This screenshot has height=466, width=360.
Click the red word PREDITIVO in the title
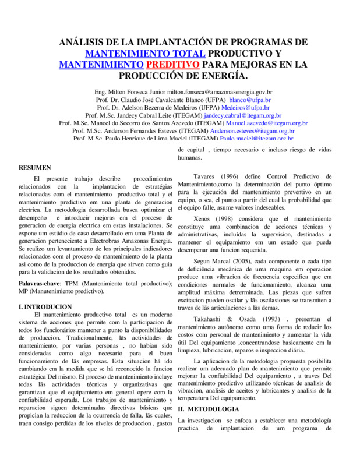coord(173,64)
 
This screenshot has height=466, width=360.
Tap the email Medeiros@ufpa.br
coord(245,107)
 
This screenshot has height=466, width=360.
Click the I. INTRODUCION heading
coord(45,306)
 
